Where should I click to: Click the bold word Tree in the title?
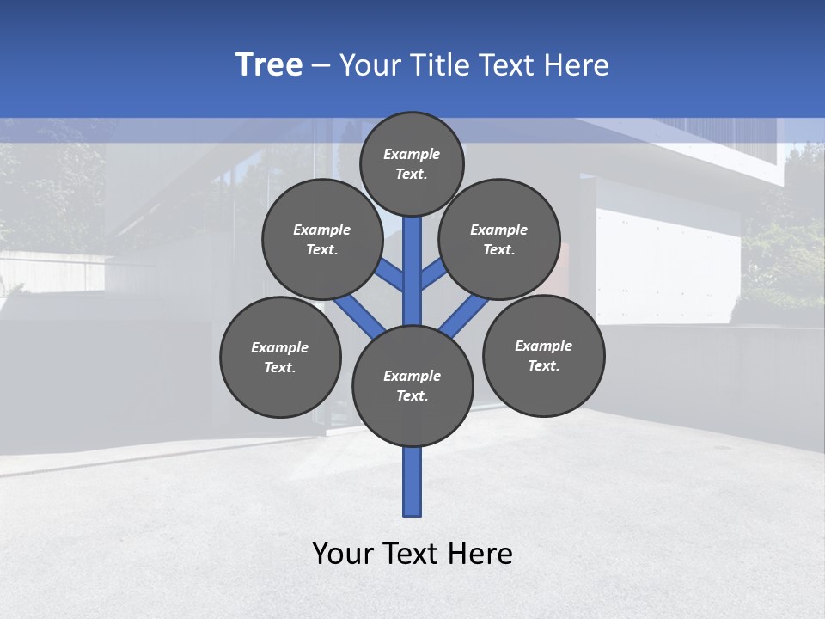pos(269,65)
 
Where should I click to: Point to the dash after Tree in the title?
pos(321,66)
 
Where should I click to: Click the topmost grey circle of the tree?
pos(412,163)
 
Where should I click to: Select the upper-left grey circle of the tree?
pos(322,239)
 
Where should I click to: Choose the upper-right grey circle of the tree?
pos(499,239)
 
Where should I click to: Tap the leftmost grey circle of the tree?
pos(280,357)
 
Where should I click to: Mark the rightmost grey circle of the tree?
pos(543,355)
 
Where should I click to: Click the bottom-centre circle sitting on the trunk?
pos(412,386)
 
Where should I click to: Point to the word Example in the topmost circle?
pos(412,154)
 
